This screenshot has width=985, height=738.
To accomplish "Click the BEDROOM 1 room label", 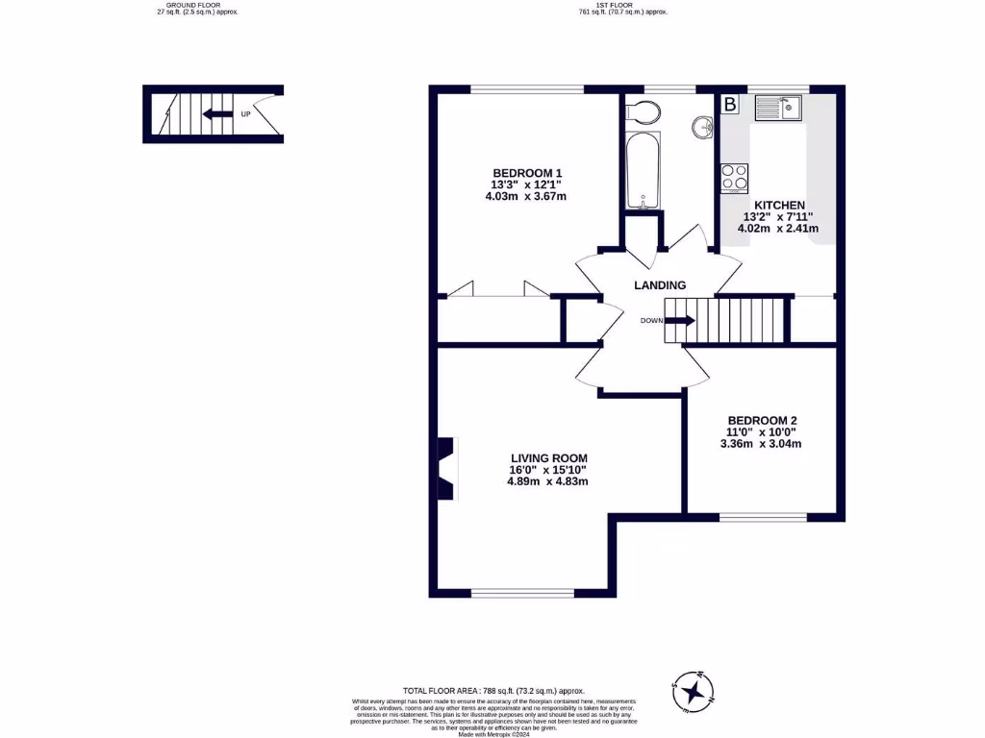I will tap(526, 173).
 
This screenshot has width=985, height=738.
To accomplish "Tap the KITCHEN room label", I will tap(779, 205).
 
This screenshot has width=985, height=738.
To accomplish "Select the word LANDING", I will tap(660, 285).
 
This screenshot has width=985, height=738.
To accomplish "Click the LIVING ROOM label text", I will tap(548, 457).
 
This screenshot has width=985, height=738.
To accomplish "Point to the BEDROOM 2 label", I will tap(763, 420).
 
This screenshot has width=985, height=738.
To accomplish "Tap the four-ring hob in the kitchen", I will tap(735, 178).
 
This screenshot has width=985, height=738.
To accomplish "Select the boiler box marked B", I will tap(730, 104).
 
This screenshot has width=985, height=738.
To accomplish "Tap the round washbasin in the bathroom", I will tap(703, 126).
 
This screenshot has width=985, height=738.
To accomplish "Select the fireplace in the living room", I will tap(447, 469).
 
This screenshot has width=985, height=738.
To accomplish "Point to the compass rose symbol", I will tap(693, 691).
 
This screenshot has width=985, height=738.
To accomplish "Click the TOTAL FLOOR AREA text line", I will tap(493, 690).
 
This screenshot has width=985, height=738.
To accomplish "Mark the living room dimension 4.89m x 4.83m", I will tap(548, 481).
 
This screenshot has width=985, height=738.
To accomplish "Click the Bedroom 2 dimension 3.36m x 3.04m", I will tap(763, 444).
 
